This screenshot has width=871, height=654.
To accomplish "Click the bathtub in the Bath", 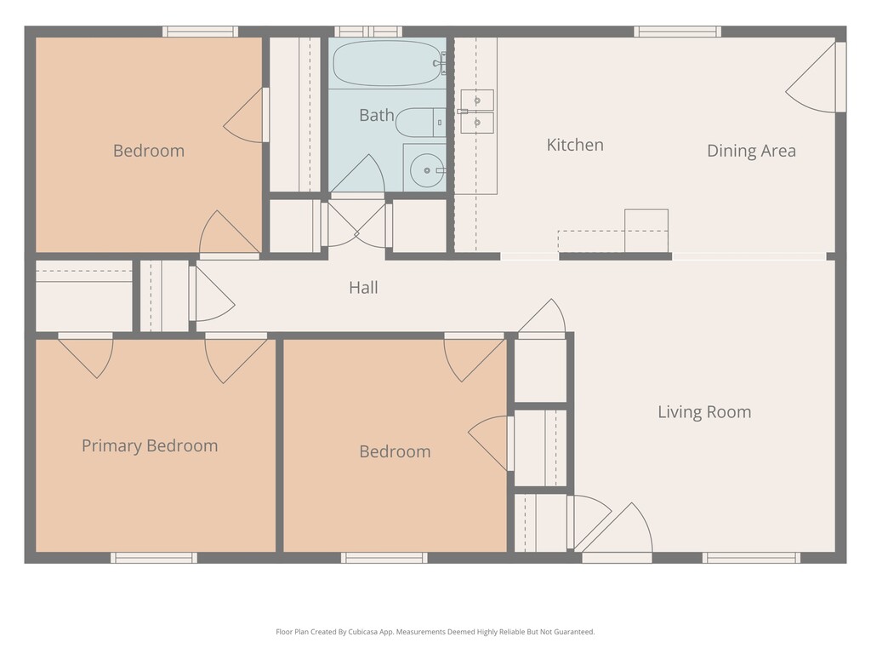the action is (x=387, y=63).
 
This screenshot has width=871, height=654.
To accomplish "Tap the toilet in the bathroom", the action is (x=420, y=123).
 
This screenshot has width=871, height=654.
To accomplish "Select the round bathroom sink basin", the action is (x=427, y=170).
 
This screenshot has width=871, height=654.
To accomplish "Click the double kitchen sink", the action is (x=477, y=112).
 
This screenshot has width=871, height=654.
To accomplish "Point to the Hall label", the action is (x=363, y=288).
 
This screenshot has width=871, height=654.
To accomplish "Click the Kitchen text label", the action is (x=575, y=145).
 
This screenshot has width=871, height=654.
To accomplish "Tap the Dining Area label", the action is (x=751, y=151).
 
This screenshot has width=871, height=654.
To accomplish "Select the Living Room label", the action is (x=704, y=412).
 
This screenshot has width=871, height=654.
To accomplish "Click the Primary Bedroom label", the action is (x=150, y=446).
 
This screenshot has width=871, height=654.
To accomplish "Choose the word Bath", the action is (x=377, y=115).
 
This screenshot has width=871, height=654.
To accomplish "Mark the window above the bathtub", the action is (x=367, y=32).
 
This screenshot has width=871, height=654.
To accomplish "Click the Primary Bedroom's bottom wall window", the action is (x=154, y=558).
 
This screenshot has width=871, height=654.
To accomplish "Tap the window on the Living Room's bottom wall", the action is (x=751, y=558).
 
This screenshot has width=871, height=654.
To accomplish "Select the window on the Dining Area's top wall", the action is (x=678, y=32).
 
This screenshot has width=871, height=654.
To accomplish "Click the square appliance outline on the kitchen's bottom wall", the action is (x=646, y=231).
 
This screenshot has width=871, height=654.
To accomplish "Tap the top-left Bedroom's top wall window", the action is (x=200, y=32).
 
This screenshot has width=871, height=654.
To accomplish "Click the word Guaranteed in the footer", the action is (x=577, y=632).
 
